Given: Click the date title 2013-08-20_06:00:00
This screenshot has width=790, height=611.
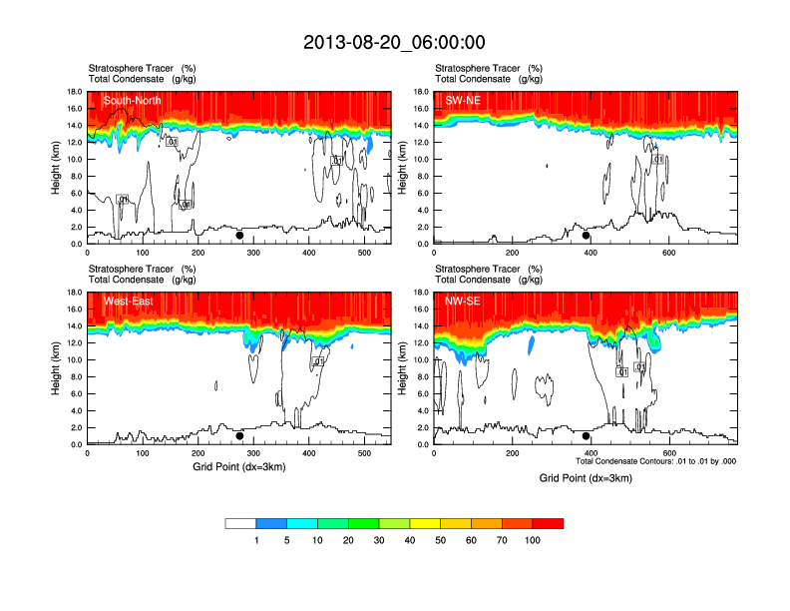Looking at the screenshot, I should [x=395, y=42].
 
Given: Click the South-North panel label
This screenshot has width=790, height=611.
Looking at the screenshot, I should [x=132, y=101].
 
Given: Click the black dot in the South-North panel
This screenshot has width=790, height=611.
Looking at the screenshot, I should [x=239, y=236].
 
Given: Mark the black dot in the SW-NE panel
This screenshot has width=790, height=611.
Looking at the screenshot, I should [x=587, y=236].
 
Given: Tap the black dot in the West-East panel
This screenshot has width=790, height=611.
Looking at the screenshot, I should [x=239, y=436].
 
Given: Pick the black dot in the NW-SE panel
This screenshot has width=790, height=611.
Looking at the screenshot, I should [x=587, y=436].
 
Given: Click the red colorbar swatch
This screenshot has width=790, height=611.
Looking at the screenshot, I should [x=548, y=523].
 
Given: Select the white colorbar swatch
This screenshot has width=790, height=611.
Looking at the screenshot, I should [x=240, y=523].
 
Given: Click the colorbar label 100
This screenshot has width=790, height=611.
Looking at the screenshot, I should [x=533, y=540].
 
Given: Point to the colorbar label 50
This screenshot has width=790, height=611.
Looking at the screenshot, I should [x=440, y=540].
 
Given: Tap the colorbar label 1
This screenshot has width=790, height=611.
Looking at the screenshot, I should [x=256, y=540].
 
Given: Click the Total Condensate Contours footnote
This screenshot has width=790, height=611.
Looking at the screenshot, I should [x=655, y=461].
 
